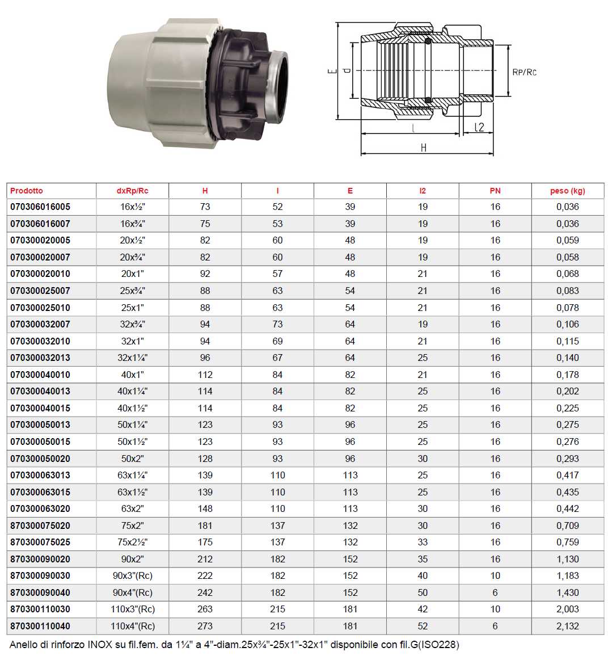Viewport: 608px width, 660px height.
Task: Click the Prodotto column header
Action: tap(27, 191)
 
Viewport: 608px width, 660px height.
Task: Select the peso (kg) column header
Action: tap(567, 191)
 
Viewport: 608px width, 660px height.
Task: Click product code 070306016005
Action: tap(40, 207)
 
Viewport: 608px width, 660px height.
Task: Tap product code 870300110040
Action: tap(40, 626)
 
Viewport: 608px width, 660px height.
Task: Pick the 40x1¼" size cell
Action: tap(132, 391)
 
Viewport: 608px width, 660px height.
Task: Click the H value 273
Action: tap(205, 626)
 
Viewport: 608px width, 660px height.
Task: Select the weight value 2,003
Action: tap(567, 609)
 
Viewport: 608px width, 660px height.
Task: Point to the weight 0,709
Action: tap(567, 526)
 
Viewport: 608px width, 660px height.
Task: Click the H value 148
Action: tap(205, 508)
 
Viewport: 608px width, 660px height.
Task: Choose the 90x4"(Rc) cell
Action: tap(132, 592)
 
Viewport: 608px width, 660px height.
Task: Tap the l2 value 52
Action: tap(423, 626)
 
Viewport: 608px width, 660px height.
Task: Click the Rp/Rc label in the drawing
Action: tap(524, 72)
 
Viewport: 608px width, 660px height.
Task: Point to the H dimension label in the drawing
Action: tap(424, 148)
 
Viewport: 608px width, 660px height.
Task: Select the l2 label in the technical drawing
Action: tap(479, 127)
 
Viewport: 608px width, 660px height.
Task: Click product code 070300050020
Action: tap(40, 459)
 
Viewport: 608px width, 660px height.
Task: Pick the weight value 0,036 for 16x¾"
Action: tap(567, 224)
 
